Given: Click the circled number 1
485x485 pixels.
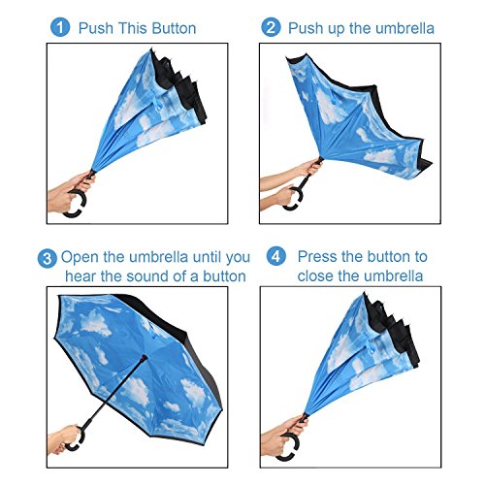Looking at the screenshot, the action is pyautogui.click(x=60, y=27).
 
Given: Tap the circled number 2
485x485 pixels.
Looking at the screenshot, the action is pyautogui.click(x=271, y=27).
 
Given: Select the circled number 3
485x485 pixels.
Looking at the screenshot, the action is pyautogui.click(x=48, y=258).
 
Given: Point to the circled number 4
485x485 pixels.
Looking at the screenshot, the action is pyautogui.click(x=276, y=256).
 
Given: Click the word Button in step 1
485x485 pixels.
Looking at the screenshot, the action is pyautogui.click(x=174, y=28).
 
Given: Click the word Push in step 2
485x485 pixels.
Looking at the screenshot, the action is pyautogui.click(x=306, y=28).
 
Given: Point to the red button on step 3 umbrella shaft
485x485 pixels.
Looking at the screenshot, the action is pyautogui.click(x=143, y=357).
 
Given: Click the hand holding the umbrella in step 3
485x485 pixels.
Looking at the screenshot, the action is pyautogui.click(x=63, y=439).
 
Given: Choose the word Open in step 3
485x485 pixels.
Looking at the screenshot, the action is pyautogui.click(x=81, y=258).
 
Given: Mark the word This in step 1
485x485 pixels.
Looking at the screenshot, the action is pyautogui.click(x=133, y=28).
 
